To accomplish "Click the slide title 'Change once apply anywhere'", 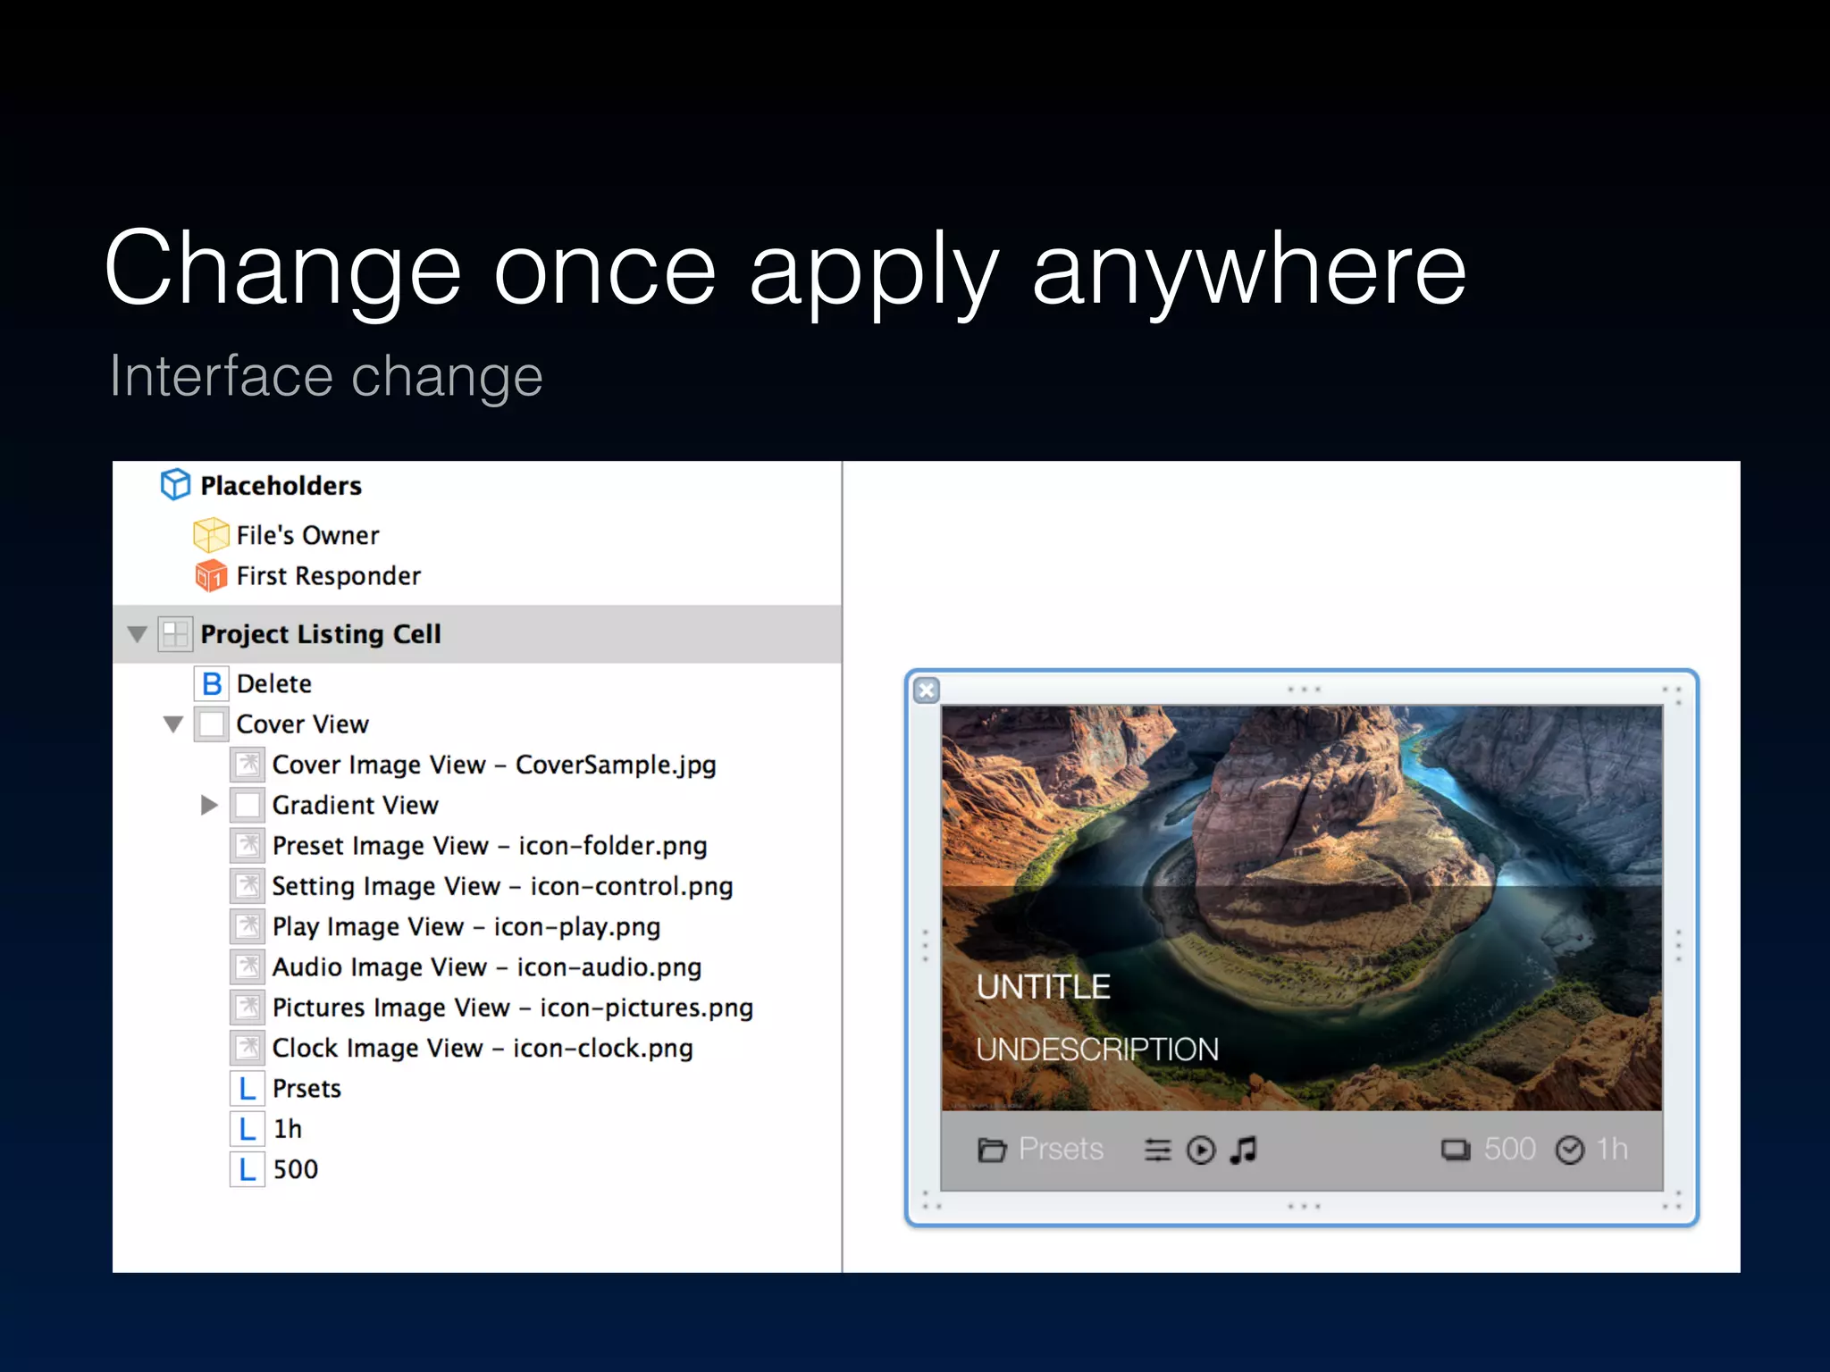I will (x=785, y=268).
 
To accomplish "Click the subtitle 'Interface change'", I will (x=326, y=375).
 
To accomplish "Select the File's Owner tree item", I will (x=307, y=535).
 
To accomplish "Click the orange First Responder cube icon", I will (x=211, y=576).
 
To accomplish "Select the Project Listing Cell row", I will (x=320, y=634).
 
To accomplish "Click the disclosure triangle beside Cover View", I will (x=173, y=724).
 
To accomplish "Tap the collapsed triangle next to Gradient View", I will (x=209, y=805).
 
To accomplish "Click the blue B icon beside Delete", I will (x=212, y=684).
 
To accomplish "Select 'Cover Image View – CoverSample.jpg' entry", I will (x=493, y=765).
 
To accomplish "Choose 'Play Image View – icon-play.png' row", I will (x=466, y=926).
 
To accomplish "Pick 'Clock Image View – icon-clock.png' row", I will (x=482, y=1048).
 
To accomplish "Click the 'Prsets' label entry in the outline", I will (x=306, y=1089).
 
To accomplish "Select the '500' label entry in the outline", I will (x=295, y=1169).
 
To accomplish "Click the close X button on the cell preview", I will (x=927, y=690).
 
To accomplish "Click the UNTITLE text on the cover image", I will (x=1043, y=987).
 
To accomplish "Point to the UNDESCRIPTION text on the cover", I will (x=1096, y=1050).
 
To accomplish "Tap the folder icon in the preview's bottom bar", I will (x=991, y=1150).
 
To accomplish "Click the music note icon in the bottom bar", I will (x=1243, y=1150).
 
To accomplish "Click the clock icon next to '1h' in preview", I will (x=1569, y=1150).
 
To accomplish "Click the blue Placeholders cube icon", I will (x=175, y=485).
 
